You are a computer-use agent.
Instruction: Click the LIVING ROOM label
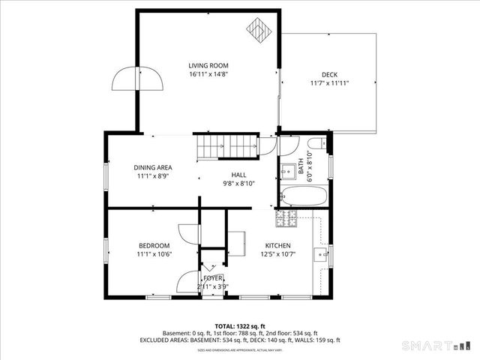208,65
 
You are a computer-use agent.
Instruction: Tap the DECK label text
329,74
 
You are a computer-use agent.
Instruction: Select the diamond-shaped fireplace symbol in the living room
258,31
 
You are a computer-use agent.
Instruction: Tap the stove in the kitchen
286,218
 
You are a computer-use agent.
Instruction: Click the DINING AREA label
153,167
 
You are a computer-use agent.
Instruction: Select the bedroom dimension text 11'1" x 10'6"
154,254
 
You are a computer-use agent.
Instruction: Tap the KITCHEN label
277,246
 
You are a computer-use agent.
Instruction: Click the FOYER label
212,277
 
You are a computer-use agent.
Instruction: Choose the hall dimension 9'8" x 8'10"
238,183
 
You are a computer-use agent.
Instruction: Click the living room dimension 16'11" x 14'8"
208,74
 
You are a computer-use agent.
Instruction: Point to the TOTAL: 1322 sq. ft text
239,325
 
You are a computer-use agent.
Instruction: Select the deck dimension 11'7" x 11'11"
329,83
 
